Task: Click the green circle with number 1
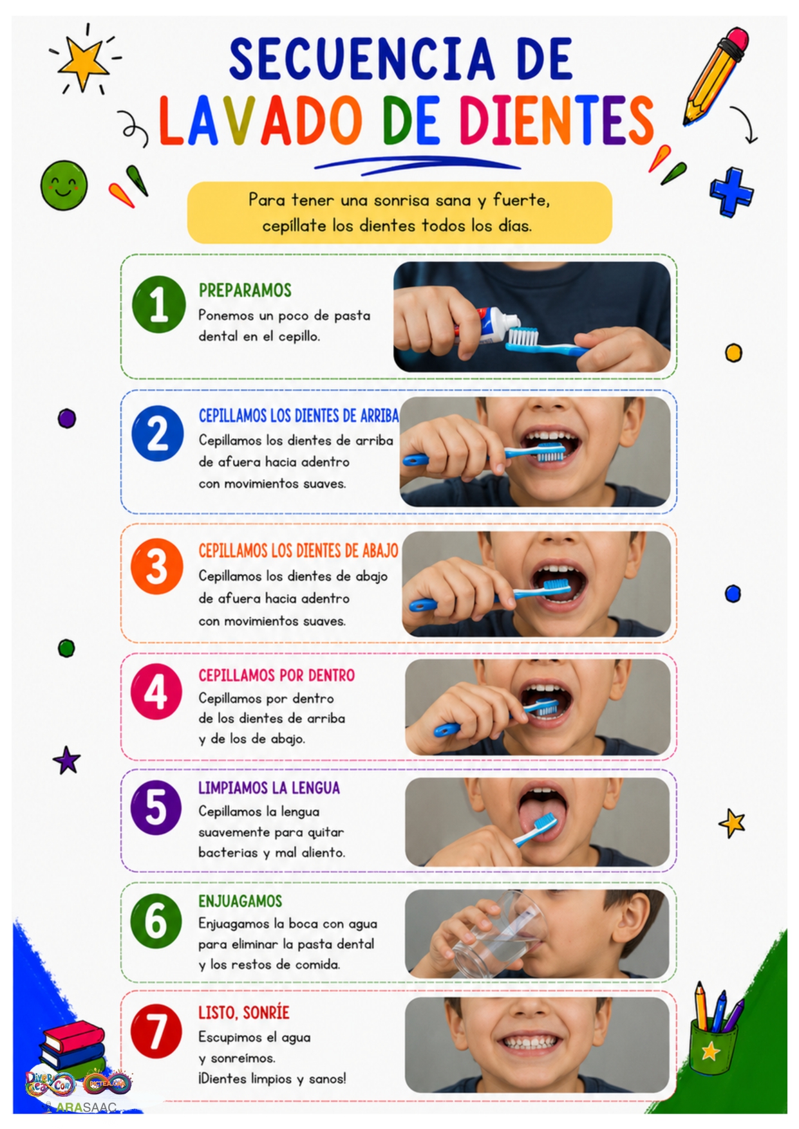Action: pyautogui.click(x=159, y=304)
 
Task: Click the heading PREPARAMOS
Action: pyautogui.click(x=245, y=290)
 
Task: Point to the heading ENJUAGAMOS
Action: pyautogui.click(x=240, y=901)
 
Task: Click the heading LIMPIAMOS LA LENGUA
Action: pyautogui.click(x=269, y=788)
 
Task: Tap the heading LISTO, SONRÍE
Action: pyautogui.click(x=244, y=1013)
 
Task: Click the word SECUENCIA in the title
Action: pyautogui.click(x=362, y=59)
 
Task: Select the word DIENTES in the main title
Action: pyautogui.click(x=556, y=120)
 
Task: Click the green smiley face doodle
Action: pyautogui.click(x=64, y=185)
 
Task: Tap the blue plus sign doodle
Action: pyautogui.click(x=731, y=192)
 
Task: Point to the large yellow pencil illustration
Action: pyautogui.click(x=716, y=75)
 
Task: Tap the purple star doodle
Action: pyautogui.click(x=67, y=760)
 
